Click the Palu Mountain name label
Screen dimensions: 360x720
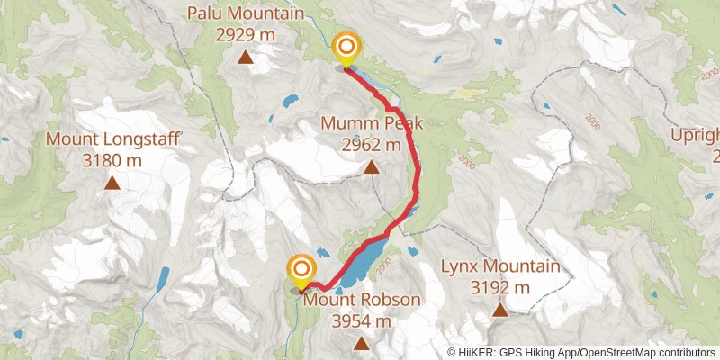click(245, 13)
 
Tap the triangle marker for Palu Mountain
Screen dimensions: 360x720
click(245, 58)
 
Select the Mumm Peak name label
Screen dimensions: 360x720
click(372, 123)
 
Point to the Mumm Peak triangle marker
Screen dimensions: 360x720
click(372, 166)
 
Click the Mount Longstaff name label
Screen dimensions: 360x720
click(112, 139)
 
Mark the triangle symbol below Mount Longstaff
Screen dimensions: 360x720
click(112, 184)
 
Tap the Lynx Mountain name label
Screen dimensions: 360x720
click(500, 266)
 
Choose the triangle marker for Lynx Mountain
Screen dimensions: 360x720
click(500, 310)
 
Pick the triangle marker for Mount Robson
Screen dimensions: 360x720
click(362, 343)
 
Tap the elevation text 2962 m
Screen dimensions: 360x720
click(372, 144)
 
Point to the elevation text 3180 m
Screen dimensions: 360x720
click(112, 161)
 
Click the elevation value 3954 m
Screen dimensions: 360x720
click(362, 320)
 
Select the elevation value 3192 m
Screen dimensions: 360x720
click(500, 288)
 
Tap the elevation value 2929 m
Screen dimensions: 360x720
click(245, 35)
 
